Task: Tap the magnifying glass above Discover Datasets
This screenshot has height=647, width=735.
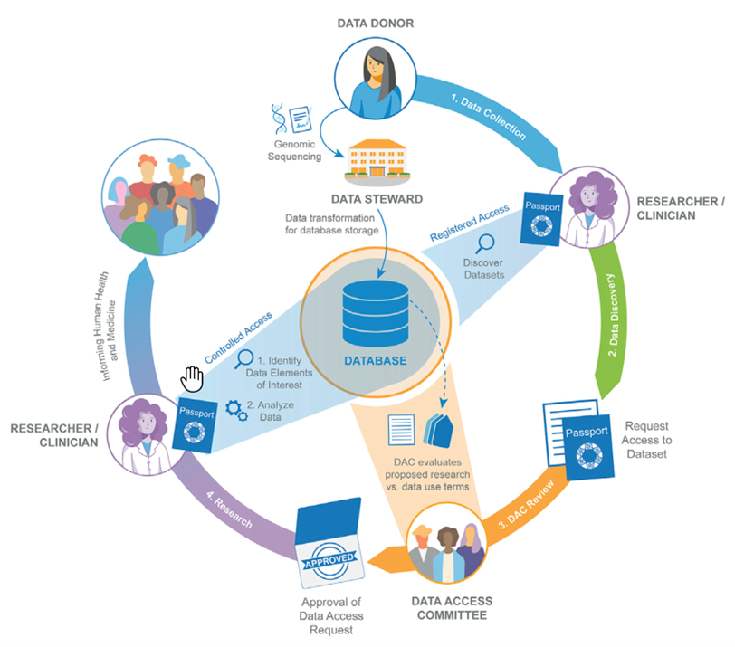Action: pos(486,243)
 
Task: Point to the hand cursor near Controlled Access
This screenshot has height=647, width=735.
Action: pos(191,375)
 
